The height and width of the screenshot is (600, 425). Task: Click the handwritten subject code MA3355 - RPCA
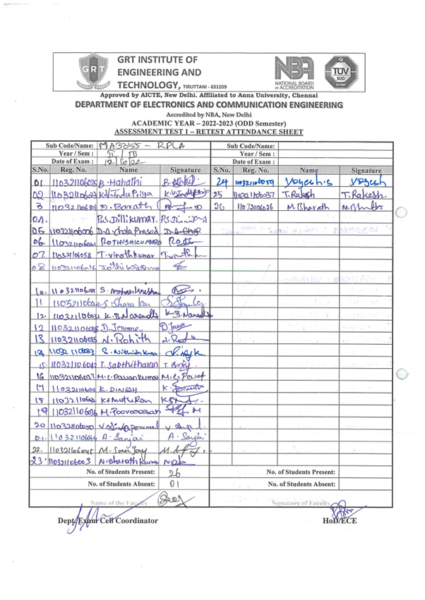(x=147, y=147)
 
